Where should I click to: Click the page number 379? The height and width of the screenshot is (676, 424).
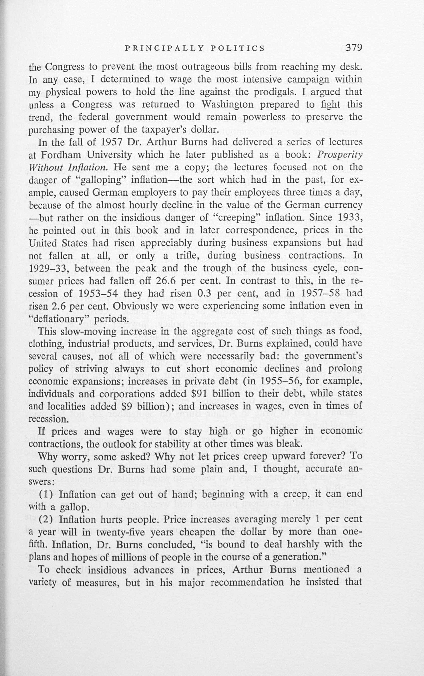click(354, 48)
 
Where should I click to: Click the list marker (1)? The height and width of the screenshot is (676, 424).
click(47, 494)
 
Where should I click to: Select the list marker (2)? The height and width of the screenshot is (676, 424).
click(47, 519)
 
